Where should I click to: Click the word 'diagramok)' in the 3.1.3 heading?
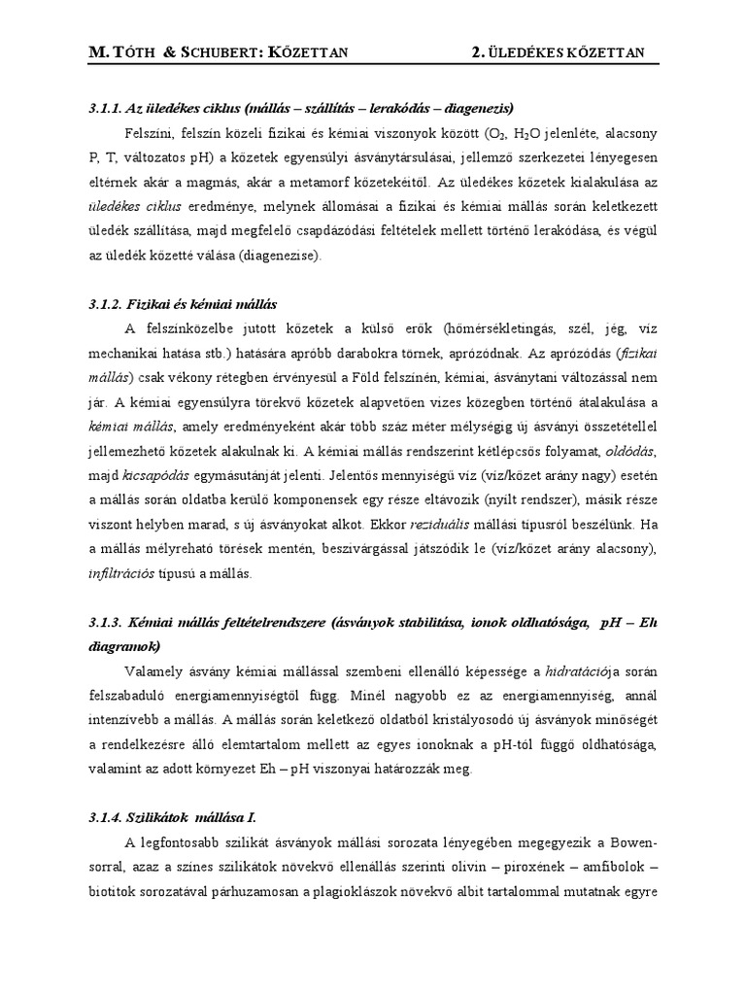[x=124, y=646]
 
